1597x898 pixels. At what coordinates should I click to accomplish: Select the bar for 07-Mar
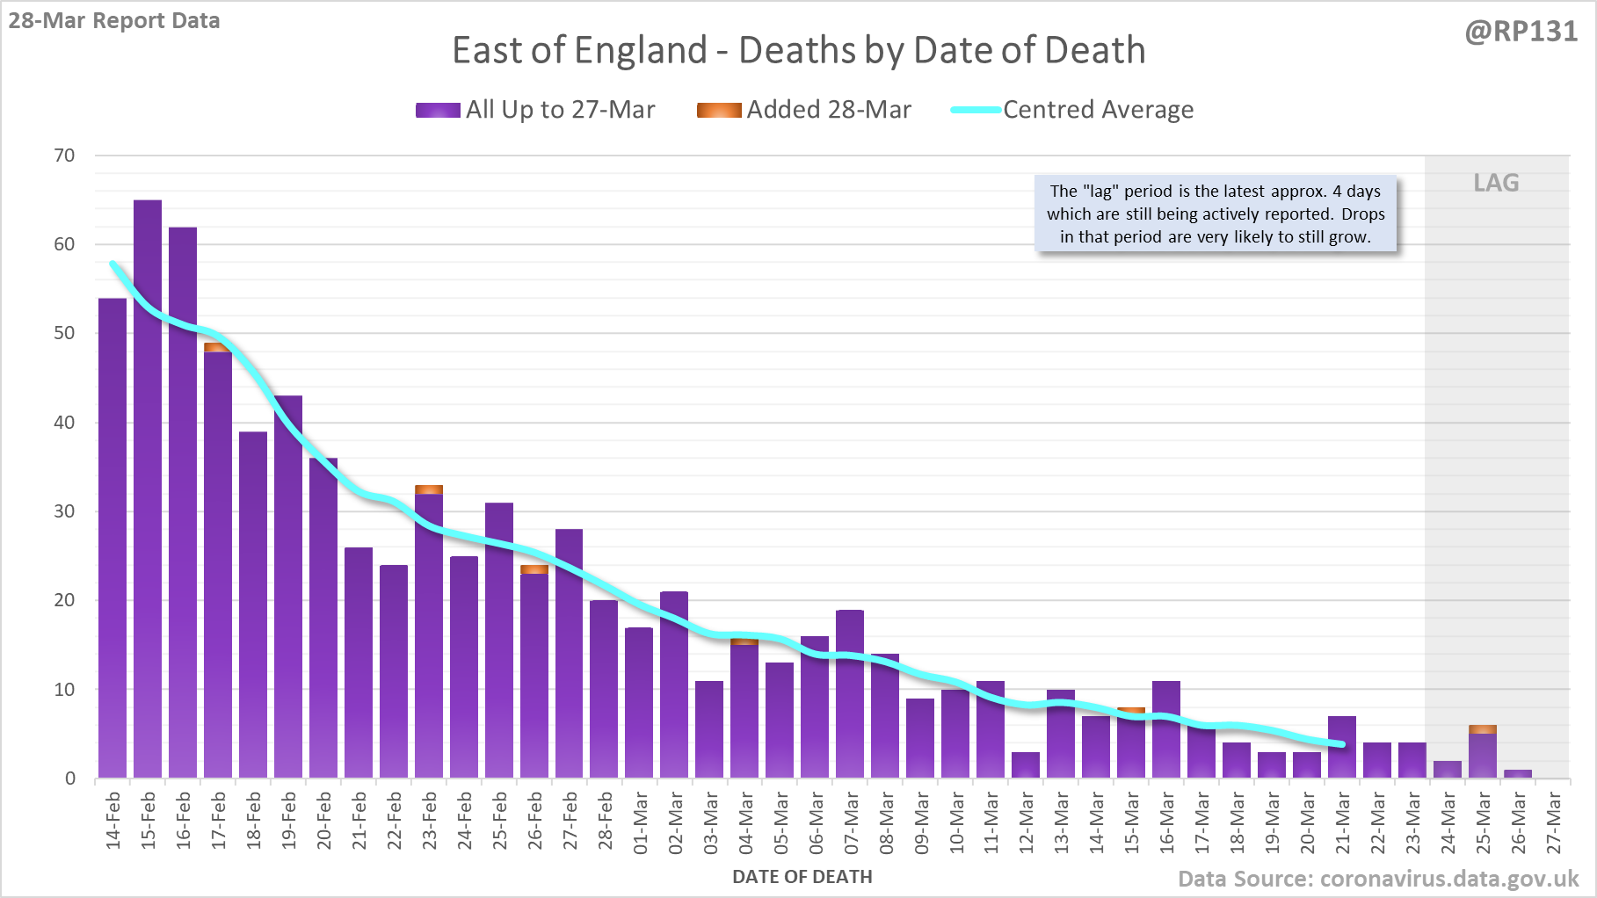850,694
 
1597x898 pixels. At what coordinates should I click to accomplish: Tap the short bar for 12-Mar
1026,764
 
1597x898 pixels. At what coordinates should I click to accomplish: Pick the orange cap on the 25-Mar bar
1483,729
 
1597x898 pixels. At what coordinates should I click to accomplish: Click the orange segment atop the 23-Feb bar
429,489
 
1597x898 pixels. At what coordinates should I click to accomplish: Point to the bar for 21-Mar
1342,747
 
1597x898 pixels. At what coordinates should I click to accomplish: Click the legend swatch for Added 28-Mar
718,110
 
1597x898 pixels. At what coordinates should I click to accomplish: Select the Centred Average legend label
1098,110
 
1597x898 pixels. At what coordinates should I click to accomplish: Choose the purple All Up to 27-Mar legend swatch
438,110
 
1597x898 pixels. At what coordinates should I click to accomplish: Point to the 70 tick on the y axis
65,156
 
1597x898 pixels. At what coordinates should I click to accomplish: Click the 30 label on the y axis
65,511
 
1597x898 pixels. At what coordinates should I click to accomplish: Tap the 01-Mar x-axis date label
641,822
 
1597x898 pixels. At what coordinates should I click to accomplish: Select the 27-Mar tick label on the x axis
1554,822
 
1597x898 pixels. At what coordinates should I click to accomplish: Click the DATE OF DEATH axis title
802,877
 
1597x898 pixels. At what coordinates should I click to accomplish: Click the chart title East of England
798,50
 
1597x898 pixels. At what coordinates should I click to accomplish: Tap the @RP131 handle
1521,32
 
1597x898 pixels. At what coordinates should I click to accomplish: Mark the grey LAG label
1496,183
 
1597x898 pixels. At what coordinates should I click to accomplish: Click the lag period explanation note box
1216,214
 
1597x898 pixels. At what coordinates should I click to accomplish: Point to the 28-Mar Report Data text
114,21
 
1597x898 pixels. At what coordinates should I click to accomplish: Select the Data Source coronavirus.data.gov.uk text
1377,879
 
